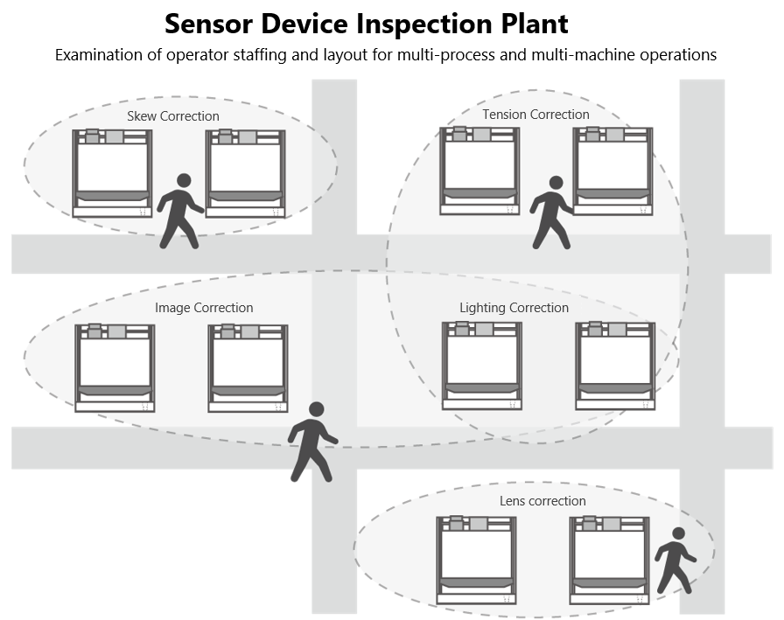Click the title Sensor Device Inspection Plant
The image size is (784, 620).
pyautogui.click(x=366, y=23)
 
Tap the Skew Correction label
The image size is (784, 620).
pyautogui.click(x=173, y=115)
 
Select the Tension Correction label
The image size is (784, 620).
pyautogui.click(x=535, y=114)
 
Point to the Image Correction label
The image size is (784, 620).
pyautogui.click(x=204, y=308)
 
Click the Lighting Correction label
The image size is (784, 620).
pyautogui.click(x=514, y=308)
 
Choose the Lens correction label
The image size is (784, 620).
pyautogui.click(x=542, y=501)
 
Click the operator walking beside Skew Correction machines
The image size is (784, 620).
pyautogui.click(x=180, y=210)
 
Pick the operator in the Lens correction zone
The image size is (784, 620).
pyautogui.click(x=675, y=560)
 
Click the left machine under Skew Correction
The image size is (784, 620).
pyautogui.click(x=112, y=172)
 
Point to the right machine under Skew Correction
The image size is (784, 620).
pyautogui.click(x=245, y=172)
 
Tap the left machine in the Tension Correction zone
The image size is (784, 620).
pyautogui.click(x=479, y=171)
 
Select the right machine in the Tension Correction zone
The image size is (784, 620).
pyautogui.click(x=613, y=171)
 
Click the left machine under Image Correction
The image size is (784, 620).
pyautogui.click(x=115, y=367)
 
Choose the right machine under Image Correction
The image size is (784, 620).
pyautogui.click(x=248, y=367)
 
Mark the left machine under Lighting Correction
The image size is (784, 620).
pyautogui.click(x=482, y=366)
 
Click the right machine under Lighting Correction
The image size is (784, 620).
pyautogui.click(x=615, y=366)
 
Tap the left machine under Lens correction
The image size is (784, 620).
pyautogui.click(x=477, y=561)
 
